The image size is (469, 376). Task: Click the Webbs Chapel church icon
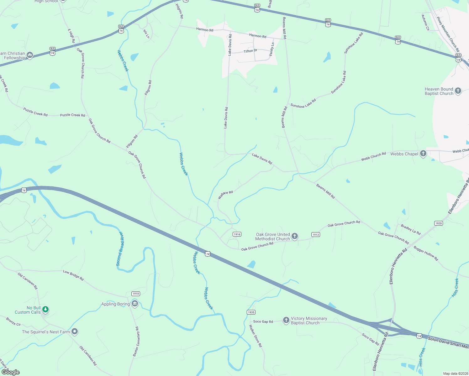click(x=423, y=154)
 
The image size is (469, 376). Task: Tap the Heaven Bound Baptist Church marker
click(x=458, y=91)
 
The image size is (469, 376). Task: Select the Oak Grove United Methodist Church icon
click(x=294, y=236)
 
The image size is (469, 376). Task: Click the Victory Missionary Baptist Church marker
click(x=286, y=320)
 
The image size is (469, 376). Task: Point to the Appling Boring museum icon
click(x=135, y=304)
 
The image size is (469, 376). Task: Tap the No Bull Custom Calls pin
click(x=45, y=310)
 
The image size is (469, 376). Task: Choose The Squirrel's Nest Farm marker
click(x=75, y=332)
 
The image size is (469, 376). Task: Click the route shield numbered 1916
click(x=237, y=234)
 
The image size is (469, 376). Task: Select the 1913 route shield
click(x=315, y=234)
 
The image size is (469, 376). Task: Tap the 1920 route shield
click(x=438, y=223)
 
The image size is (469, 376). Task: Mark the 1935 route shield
click(x=251, y=312)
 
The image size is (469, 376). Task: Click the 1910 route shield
click(x=135, y=294)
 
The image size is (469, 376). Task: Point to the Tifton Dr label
click(x=250, y=51)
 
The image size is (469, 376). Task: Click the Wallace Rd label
click(x=225, y=195)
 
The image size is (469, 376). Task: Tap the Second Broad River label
click(x=120, y=249)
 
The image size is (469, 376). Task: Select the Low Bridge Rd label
click(x=73, y=275)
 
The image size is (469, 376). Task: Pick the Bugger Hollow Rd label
click(x=426, y=253)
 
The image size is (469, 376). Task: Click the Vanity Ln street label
click(x=272, y=50)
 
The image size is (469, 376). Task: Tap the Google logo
click(x=11, y=372)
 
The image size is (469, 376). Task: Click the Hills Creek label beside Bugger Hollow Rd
click(x=455, y=288)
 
